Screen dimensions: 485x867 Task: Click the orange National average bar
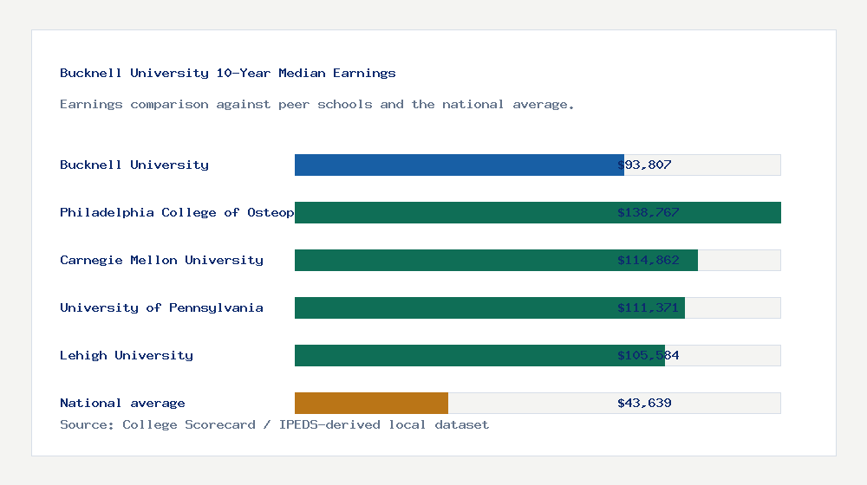click(x=371, y=403)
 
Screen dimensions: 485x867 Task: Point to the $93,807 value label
click(x=644, y=165)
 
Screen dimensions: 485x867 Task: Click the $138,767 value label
click(x=648, y=212)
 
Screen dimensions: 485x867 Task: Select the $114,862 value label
click(x=648, y=260)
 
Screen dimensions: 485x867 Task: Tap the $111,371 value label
click(x=648, y=307)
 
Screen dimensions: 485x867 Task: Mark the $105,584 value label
click(x=648, y=355)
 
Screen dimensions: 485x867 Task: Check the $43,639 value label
click(x=644, y=403)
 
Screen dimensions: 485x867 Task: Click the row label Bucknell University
click(x=134, y=165)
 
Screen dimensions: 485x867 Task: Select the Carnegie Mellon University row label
click(x=161, y=260)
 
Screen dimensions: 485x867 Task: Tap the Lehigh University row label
click(x=127, y=355)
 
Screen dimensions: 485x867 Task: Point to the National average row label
click(x=122, y=403)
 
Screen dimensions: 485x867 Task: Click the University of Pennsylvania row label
click(x=161, y=307)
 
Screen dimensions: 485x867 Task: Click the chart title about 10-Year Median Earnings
click(x=228, y=73)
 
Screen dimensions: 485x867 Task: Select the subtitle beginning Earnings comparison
click(x=317, y=104)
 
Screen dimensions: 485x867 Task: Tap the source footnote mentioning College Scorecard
click(x=274, y=424)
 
